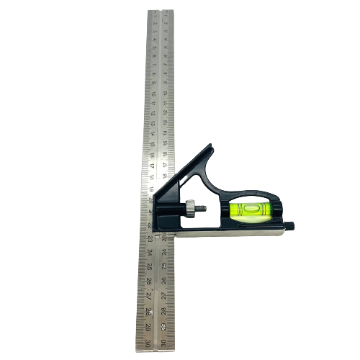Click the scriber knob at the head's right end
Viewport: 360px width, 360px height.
(x=292, y=228)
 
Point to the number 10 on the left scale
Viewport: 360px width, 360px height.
(x=153, y=102)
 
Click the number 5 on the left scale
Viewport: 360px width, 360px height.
(x=153, y=49)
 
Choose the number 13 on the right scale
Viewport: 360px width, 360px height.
(x=166, y=135)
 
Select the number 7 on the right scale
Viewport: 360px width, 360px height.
(x=166, y=71)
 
